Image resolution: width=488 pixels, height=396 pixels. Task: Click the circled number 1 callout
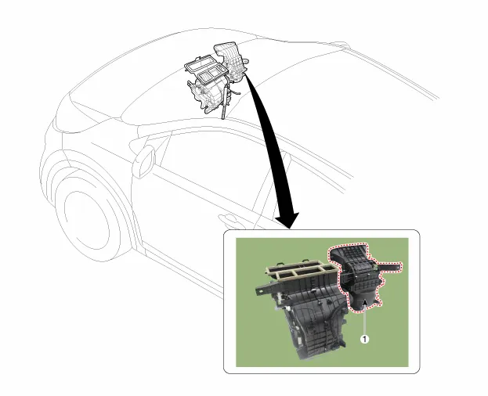364,339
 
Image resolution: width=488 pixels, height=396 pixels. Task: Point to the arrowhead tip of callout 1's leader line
364,299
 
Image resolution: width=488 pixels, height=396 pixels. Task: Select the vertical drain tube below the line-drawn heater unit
224,103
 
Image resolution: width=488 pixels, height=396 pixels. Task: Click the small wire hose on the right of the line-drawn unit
236,91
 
